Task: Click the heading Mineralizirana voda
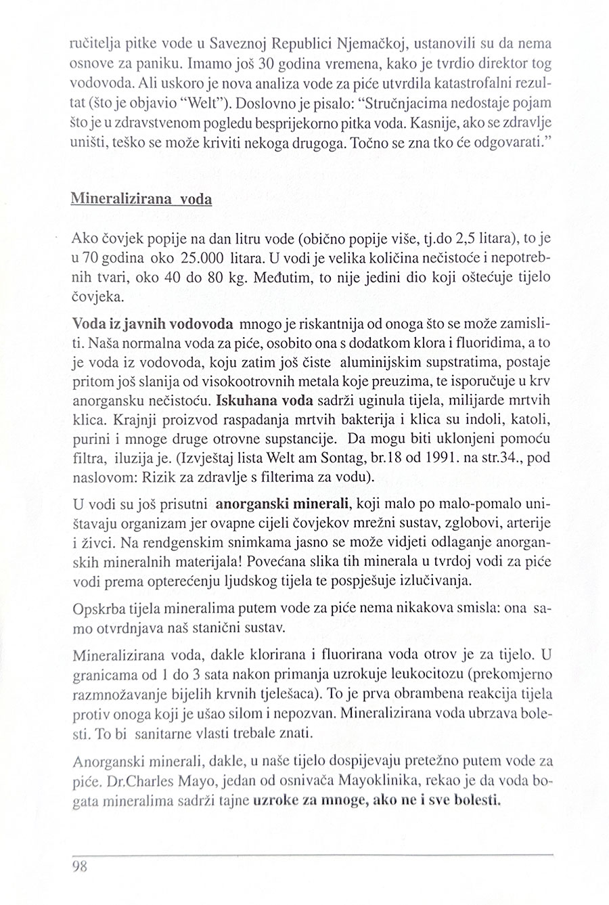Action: tap(141, 200)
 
